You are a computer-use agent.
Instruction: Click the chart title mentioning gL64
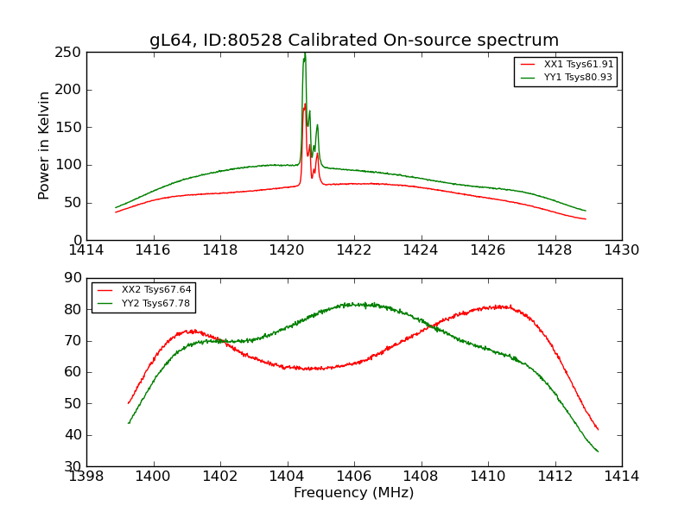[x=354, y=41]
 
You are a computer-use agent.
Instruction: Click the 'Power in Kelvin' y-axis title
[x=44, y=146]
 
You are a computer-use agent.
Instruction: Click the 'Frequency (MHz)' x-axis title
[x=354, y=493]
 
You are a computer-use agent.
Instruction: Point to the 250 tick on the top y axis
[x=72, y=53]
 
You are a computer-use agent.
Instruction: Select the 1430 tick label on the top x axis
[x=622, y=250]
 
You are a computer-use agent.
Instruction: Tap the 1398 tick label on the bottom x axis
[x=86, y=477]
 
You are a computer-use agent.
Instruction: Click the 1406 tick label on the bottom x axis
[x=354, y=477]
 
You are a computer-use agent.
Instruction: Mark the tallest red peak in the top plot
[x=305, y=104]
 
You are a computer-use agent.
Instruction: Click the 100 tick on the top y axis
[x=72, y=165]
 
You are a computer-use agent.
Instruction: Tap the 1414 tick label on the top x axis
[x=86, y=250]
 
